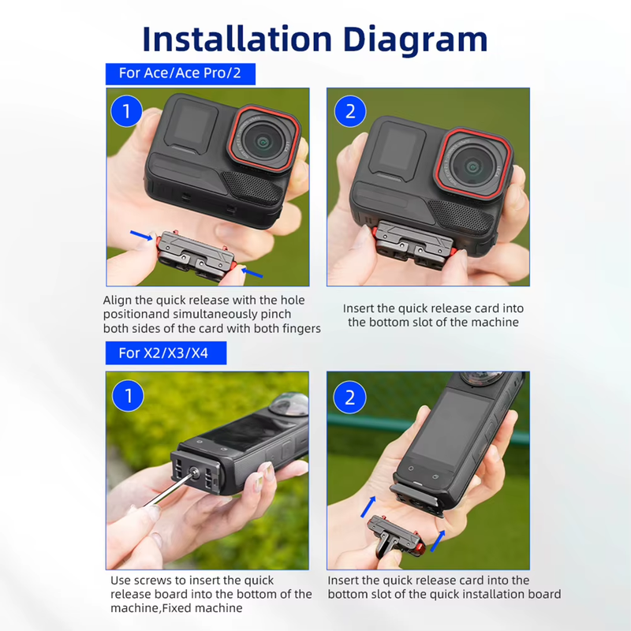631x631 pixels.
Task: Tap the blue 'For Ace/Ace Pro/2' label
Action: pyautogui.click(x=181, y=74)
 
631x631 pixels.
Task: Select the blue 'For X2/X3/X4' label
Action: pyautogui.click(x=166, y=353)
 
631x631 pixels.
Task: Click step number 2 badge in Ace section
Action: pyautogui.click(x=350, y=110)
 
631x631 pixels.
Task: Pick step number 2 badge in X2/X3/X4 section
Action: pyautogui.click(x=350, y=397)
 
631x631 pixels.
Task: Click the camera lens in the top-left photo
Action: pyautogui.click(x=266, y=140)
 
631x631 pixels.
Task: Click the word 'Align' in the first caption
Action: pyautogui.click(x=118, y=301)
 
